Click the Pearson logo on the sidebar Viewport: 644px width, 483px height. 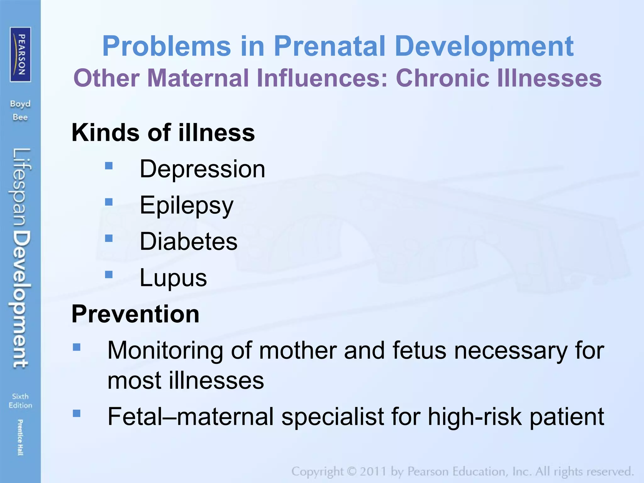(20, 54)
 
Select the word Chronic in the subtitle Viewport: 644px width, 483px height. (442, 78)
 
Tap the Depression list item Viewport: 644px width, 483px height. (202, 169)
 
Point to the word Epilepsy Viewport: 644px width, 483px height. (186, 205)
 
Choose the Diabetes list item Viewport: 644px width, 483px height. (188, 241)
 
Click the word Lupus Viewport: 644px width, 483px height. (173, 278)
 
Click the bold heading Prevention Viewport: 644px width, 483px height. (136, 314)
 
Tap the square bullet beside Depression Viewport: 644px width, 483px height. (109, 165)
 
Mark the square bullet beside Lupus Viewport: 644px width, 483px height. (109, 275)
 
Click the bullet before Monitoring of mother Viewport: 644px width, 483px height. (77, 347)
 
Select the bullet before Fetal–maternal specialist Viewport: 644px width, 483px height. (77, 413)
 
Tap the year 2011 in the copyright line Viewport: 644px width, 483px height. (373, 472)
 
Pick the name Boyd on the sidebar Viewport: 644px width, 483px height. (20, 104)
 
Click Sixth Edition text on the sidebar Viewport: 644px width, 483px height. (20, 401)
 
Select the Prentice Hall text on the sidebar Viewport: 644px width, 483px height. (20, 437)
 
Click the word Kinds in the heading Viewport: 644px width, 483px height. (106, 132)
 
